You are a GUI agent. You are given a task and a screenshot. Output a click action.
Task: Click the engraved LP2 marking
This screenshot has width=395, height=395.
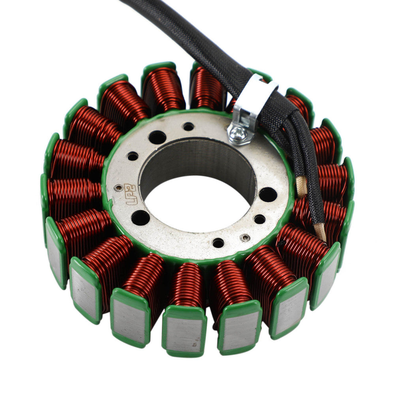(x=131, y=194)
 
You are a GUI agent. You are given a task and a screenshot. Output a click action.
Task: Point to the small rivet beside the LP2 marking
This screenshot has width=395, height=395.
(x=117, y=188)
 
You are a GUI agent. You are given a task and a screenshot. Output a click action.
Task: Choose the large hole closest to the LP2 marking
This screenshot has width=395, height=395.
(x=140, y=217)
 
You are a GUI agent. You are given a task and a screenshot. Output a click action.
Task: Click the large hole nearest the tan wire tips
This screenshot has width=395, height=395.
(x=267, y=194)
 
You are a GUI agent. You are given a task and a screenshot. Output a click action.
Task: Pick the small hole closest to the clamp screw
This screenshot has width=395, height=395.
(x=188, y=127)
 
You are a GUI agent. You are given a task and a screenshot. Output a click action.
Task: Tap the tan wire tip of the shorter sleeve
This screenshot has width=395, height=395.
(x=302, y=186)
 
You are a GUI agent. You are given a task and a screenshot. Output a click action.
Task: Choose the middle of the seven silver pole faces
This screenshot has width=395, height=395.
(x=184, y=334)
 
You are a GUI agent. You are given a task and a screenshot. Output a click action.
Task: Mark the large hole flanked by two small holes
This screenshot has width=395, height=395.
(x=157, y=137)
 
